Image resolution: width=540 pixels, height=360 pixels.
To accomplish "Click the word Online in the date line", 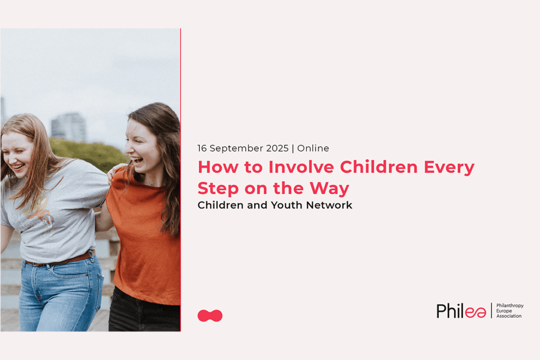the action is [313, 148].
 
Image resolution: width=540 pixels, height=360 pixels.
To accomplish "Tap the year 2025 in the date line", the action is [277, 148].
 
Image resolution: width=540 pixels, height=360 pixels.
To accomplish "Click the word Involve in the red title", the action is [301, 167].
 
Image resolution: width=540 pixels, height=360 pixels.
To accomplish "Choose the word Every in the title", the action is [449, 168].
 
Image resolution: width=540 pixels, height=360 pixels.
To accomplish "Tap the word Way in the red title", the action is [329, 189].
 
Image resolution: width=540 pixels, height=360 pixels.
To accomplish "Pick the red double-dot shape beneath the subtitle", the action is [210, 316].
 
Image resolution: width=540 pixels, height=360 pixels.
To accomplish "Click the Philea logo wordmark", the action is [461, 311].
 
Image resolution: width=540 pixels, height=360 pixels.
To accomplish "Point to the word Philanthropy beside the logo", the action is [510, 306].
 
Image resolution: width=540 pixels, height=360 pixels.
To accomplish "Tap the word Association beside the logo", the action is [509, 316].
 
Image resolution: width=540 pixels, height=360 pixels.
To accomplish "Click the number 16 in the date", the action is [202, 148].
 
